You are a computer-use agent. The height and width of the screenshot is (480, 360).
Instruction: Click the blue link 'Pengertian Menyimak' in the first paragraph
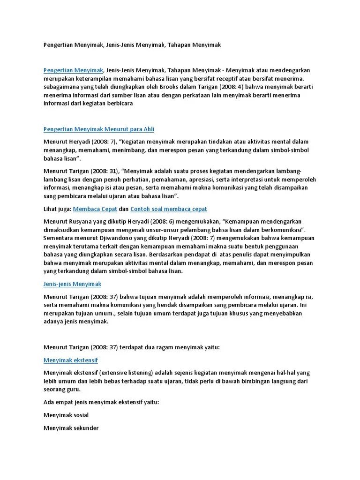point(73,70)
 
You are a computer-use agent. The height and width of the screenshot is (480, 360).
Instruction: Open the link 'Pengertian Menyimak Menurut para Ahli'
point(98,129)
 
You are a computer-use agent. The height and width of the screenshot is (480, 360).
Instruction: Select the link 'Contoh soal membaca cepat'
point(168,209)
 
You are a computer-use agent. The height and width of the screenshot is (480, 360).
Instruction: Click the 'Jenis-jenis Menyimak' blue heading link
point(72,284)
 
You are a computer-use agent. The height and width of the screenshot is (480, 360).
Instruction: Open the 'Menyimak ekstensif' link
point(70,360)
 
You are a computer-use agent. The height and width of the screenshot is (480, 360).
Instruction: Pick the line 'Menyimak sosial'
point(66,415)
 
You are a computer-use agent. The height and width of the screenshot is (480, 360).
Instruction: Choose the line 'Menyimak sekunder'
point(71,427)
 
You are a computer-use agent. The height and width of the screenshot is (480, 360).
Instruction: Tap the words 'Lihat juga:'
point(58,209)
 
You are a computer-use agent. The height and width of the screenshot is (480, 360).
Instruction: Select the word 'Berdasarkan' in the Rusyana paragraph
point(168,255)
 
